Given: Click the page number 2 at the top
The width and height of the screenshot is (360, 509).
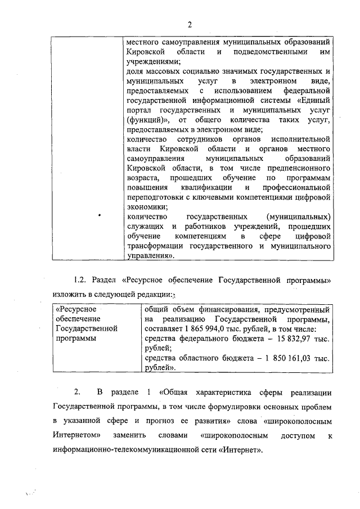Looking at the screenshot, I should click(190, 24).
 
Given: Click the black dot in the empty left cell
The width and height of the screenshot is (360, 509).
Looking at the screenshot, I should click(99, 215).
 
